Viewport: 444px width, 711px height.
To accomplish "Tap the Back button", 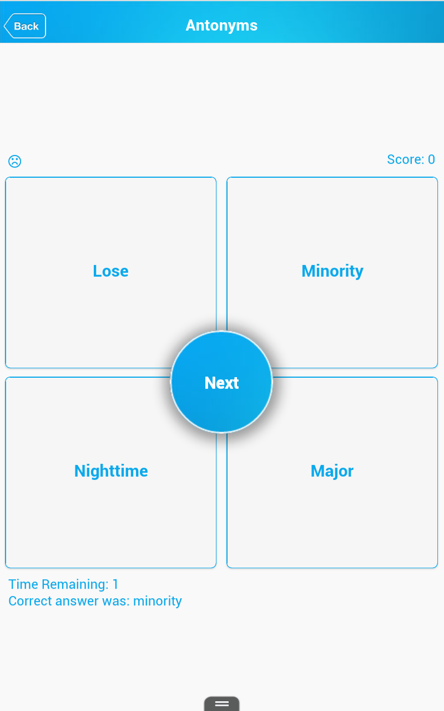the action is click(x=25, y=26).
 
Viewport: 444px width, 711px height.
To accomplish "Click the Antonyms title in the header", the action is click(x=221, y=26).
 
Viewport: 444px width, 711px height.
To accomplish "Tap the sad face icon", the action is click(x=14, y=161).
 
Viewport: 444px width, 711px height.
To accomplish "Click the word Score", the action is click(x=406, y=159).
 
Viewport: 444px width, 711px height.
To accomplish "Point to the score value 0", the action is click(x=431, y=159).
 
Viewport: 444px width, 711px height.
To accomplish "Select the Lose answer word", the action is click(x=110, y=271).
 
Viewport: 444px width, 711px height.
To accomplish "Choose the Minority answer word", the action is click(x=332, y=272).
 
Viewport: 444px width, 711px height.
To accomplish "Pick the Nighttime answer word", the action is click(x=111, y=471).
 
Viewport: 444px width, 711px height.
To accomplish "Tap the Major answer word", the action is click(x=332, y=472).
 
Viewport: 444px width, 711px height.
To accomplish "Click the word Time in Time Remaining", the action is click(x=23, y=584).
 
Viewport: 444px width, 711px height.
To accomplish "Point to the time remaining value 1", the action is click(x=115, y=584).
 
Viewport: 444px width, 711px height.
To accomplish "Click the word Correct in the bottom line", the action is click(x=30, y=601).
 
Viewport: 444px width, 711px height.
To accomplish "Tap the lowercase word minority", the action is click(x=157, y=602).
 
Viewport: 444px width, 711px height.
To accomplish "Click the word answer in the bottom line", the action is click(x=77, y=602).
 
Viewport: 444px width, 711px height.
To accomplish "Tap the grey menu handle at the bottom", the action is click(x=221, y=703).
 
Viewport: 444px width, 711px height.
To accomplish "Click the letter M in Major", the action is click(x=318, y=470).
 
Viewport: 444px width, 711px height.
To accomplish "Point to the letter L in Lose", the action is click(x=97, y=271).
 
